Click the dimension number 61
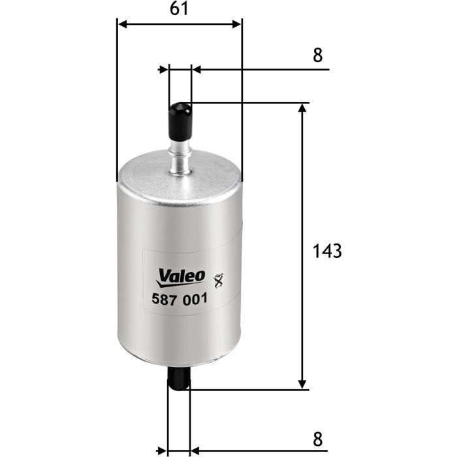coord(179,8)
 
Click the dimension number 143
coord(327,251)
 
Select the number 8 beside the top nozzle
coord(318,55)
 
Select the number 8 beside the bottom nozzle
coord(318,439)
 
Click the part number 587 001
coord(180,299)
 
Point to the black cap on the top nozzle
coord(180,121)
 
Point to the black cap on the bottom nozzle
coord(179,378)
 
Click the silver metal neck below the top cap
coord(181,157)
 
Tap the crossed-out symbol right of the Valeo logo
coord(219,281)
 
